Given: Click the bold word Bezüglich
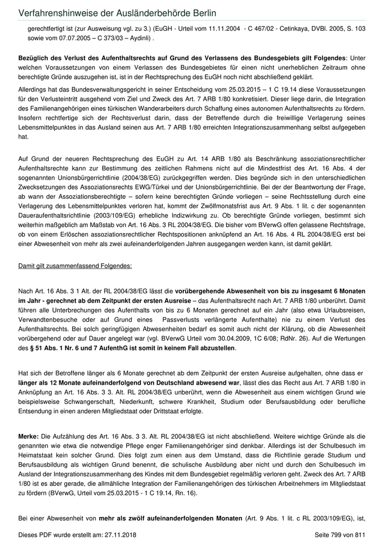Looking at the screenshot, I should [x=36, y=58].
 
